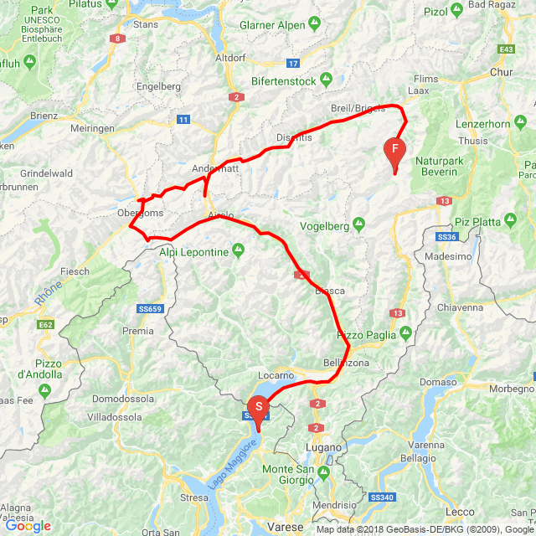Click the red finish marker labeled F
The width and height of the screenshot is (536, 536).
click(394, 151)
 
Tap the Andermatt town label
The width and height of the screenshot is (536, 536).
click(215, 167)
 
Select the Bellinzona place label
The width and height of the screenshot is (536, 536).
click(346, 363)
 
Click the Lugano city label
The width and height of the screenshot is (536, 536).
click(324, 447)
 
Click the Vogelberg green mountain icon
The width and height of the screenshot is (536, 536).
click(358, 224)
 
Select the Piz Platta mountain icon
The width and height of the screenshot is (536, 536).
click(509, 220)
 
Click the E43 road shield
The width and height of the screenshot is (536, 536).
click(506, 50)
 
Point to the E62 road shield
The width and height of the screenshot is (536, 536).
click(45, 324)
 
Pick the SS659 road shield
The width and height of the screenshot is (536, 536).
click(149, 309)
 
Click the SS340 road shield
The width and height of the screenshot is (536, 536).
click(381, 497)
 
